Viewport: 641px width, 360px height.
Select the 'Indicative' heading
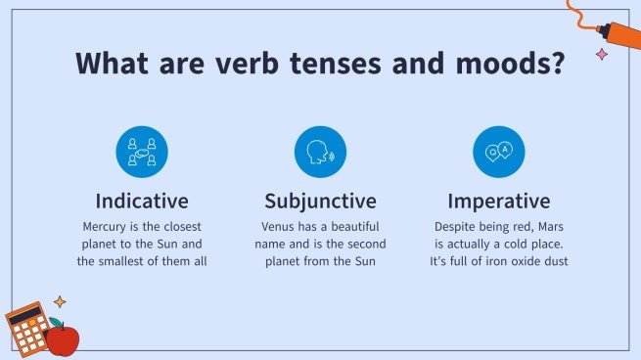click(142, 202)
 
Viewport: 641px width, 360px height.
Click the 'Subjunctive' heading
click(320, 202)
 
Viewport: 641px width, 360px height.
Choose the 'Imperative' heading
click(498, 202)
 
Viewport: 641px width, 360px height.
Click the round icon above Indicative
click(142, 152)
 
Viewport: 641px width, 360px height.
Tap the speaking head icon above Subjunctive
click(320, 152)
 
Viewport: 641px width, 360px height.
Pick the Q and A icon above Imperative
click(498, 152)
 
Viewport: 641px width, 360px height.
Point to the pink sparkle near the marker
click(602, 55)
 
